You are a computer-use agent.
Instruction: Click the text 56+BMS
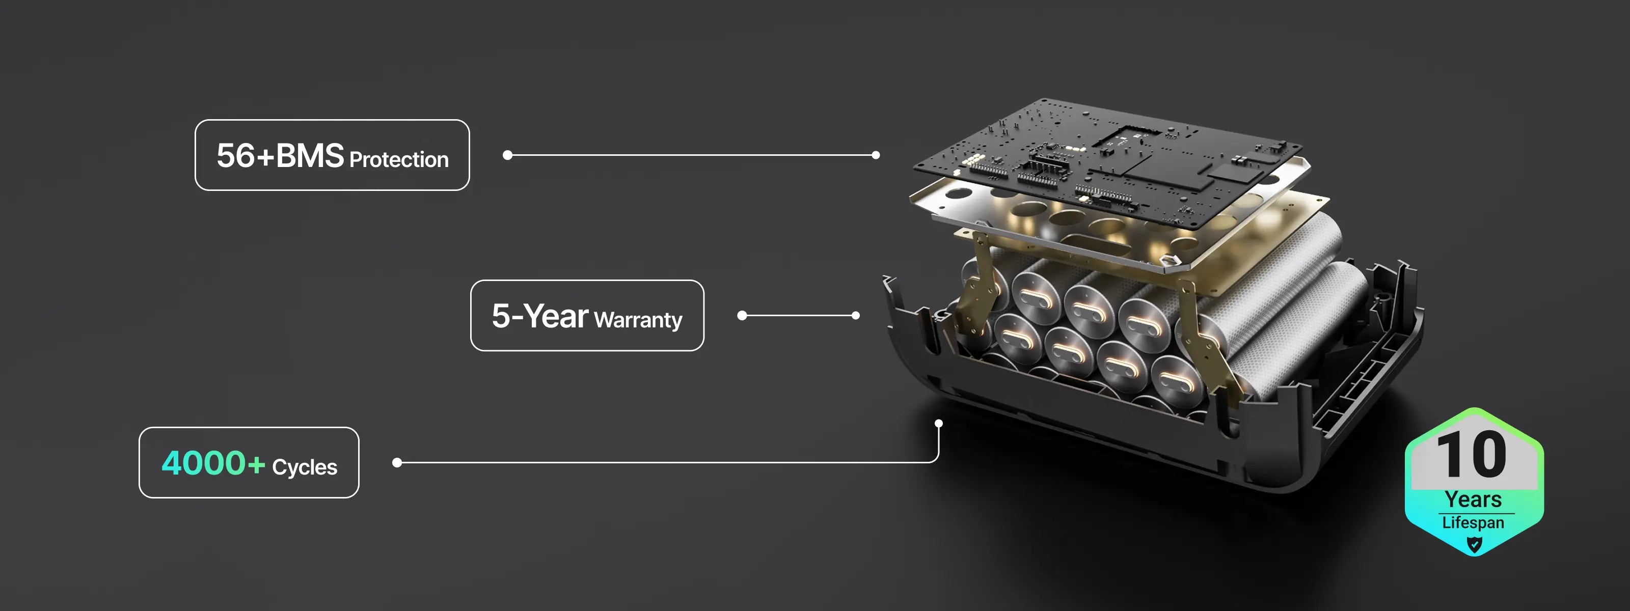tap(280, 156)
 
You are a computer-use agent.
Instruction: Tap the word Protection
tap(399, 159)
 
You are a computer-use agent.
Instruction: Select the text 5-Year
tap(540, 316)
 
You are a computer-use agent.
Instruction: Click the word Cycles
tap(305, 467)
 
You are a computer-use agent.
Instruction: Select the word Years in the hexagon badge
tap(1473, 499)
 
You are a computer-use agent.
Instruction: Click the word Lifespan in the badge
tap(1473, 522)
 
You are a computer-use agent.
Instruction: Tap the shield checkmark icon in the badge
tap(1474, 544)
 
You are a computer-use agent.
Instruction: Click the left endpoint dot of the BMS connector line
tap(507, 155)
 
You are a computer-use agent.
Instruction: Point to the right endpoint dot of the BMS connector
tap(876, 155)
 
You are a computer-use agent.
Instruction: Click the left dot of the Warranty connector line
tap(742, 315)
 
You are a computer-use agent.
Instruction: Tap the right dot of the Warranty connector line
tap(856, 315)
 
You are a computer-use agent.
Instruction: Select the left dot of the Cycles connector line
tap(397, 462)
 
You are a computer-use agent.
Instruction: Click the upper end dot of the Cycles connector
tap(938, 423)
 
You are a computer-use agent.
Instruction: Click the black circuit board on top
tap(1107, 161)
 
